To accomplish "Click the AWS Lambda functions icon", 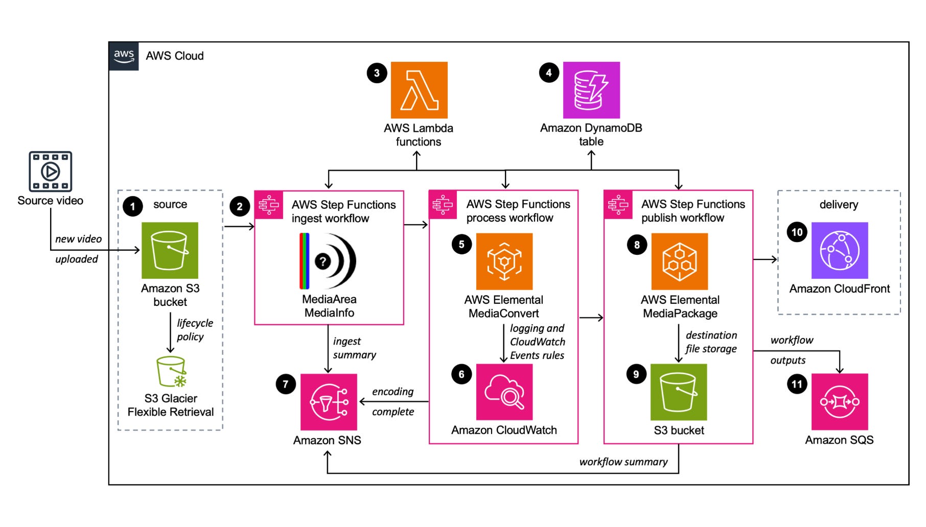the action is click(419, 90).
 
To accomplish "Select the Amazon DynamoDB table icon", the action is click(591, 90).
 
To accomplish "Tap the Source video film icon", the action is click(50, 171).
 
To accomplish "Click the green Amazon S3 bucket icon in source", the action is click(170, 250).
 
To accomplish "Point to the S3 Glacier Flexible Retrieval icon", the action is click(171, 372).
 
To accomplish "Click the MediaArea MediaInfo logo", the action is click(328, 261).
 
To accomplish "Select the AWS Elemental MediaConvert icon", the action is click(504, 261).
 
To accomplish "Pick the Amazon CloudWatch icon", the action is click(504, 392).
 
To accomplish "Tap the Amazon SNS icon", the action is click(329, 402).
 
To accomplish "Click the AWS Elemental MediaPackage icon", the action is click(680, 261).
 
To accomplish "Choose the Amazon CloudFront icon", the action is click(840, 250).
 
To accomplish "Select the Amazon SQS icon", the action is click(840, 402).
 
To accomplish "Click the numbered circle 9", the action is click(636, 374).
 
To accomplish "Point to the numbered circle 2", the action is click(240, 207).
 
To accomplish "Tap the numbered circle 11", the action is click(797, 384).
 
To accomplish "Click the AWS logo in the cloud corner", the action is click(124, 56).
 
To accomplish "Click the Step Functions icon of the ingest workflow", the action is click(269, 205).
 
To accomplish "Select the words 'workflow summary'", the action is click(623, 462).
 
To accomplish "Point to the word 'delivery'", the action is click(839, 204).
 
